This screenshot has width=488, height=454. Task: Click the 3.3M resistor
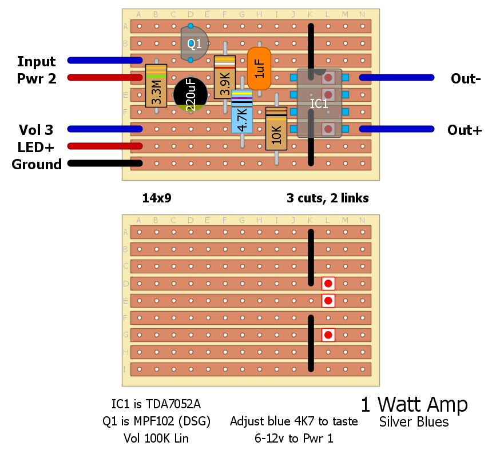click(156, 86)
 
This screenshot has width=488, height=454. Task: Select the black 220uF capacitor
click(191, 94)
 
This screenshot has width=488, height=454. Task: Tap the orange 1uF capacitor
click(259, 69)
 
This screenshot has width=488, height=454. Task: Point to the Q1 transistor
click(193, 43)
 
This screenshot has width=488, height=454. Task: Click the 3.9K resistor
click(225, 77)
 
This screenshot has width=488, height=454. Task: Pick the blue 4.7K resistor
click(242, 111)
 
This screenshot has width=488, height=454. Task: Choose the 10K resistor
click(276, 129)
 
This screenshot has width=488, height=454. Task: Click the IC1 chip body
click(319, 103)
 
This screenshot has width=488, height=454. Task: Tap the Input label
click(37, 61)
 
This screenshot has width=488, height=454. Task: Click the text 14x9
click(157, 198)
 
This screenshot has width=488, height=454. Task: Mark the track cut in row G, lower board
click(328, 334)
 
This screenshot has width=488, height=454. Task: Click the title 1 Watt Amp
click(414, 404)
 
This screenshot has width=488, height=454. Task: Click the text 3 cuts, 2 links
click(327, 198)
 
